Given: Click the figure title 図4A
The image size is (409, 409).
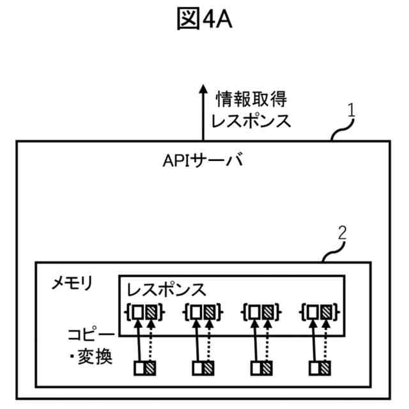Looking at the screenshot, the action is pyautogui.click(x=204, y=21).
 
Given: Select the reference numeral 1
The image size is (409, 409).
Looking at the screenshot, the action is pyautogui.click(x=351, y=111).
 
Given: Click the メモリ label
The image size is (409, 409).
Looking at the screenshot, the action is pyautogui.click(x=72, y=283).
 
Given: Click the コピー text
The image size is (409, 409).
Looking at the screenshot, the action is pyautogui.click(x=91, y=335).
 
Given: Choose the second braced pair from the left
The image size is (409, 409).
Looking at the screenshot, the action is pyautogui.click(x=203, y=313).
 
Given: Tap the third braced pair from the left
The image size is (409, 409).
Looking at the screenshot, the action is pyautogui.click(x=261, y=313).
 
